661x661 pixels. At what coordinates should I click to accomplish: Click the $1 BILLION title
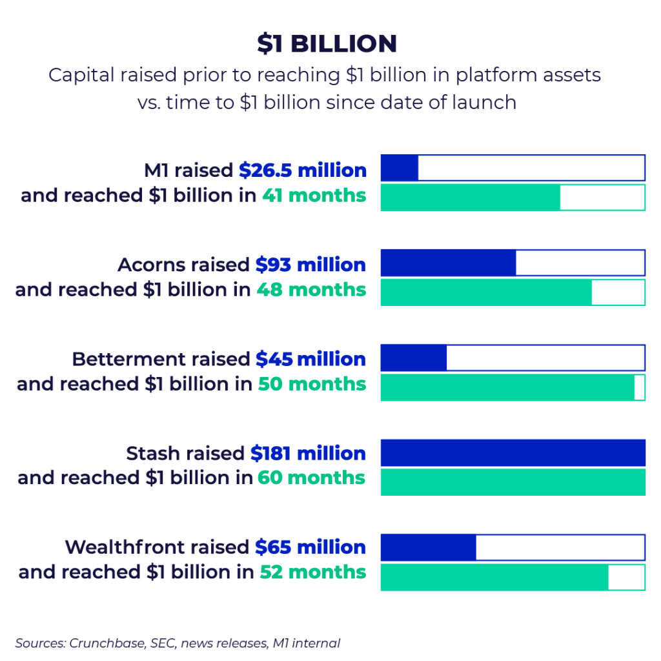coord(327,44)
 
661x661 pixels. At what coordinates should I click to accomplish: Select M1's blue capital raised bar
coord(400,168)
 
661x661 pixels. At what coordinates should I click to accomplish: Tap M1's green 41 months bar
coord(470,198)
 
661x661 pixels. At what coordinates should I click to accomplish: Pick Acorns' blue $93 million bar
coord(448,263)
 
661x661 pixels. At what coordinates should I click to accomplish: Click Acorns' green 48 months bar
coord(486,292)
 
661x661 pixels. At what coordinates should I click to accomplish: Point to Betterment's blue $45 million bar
coord(414,358)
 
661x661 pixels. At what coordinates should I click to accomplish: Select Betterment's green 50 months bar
coord(507,387)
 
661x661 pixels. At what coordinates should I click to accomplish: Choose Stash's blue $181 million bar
coord(513,453)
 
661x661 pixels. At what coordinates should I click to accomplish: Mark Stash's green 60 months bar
coord(513,482)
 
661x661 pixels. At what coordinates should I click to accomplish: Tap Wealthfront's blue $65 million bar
coord(428,547)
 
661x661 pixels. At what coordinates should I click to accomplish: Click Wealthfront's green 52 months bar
coord(494,577)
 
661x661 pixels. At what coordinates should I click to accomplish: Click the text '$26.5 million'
coord(303,170)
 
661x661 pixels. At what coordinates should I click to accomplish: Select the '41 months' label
coord(314,196)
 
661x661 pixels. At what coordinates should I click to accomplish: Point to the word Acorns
coord(151,265)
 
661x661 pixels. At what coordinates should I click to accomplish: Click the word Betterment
coord(129,360)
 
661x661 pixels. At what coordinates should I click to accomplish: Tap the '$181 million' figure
coord(308,454)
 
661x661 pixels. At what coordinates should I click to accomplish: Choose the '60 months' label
coord(311,478)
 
